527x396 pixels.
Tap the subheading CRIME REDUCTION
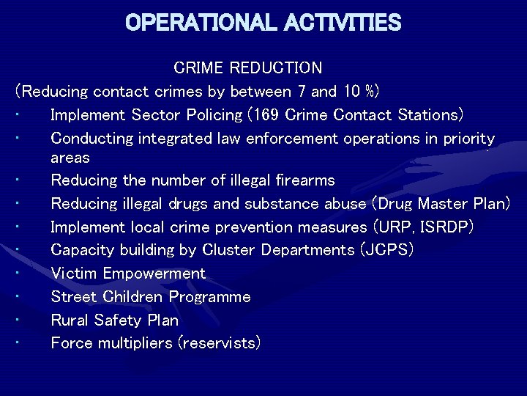click(247, 68)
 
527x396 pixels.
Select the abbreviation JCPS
click(386, 250)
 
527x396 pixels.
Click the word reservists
click(220, 342)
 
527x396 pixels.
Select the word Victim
click(74, 274)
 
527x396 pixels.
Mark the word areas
click(70, 158)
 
